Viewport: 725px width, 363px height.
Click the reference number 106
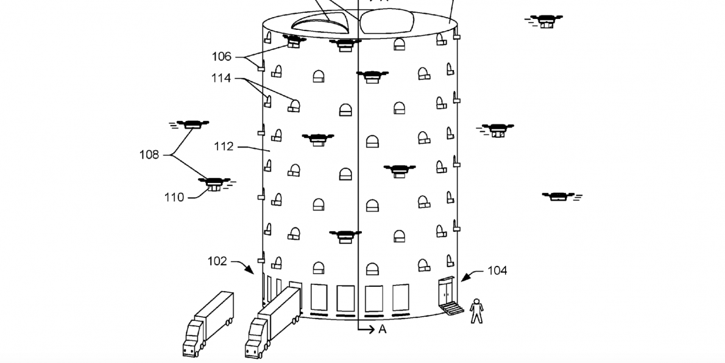[x=222, y=57]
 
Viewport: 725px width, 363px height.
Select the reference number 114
[x=222, y=79]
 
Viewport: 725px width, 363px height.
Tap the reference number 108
[x=149, y=155]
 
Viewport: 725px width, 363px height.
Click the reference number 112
[x=224, y=147]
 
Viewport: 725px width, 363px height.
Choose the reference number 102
[x=217, y=261]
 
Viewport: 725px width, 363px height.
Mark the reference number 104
[x=497, y=270]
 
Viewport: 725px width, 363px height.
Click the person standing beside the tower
[x=477, y=311]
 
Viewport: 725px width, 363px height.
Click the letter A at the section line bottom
[x=383, y=329]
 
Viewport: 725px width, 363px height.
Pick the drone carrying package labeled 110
[x=214, y=184]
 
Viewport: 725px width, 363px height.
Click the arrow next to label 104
[x=468, y=277]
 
